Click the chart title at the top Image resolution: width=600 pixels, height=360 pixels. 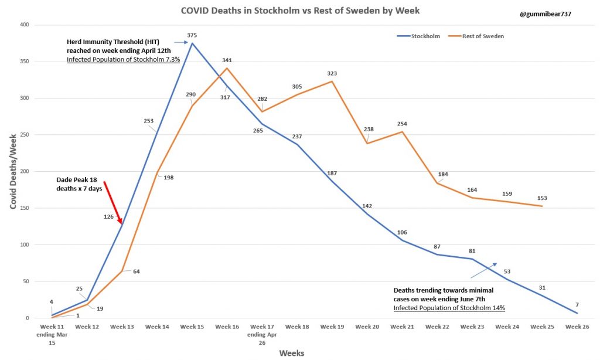tap(299, 11)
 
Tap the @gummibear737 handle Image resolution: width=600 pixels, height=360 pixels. tap(546, 13)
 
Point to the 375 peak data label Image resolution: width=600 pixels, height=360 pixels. tap(192, 35)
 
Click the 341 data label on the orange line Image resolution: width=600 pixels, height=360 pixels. tap(227, 60)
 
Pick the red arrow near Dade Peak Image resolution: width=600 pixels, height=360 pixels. tap(112, 203)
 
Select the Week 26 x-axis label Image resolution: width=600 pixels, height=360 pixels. tap(577, 326)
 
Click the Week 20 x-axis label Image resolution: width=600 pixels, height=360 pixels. tap(367, 326)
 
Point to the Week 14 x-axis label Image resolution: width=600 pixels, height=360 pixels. tap(156, 326)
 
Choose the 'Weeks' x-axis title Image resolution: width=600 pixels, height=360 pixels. tap(291, 352)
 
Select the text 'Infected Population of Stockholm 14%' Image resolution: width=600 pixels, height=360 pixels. tap(449, 307)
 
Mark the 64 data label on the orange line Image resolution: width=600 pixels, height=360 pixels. tap(136, 271)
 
